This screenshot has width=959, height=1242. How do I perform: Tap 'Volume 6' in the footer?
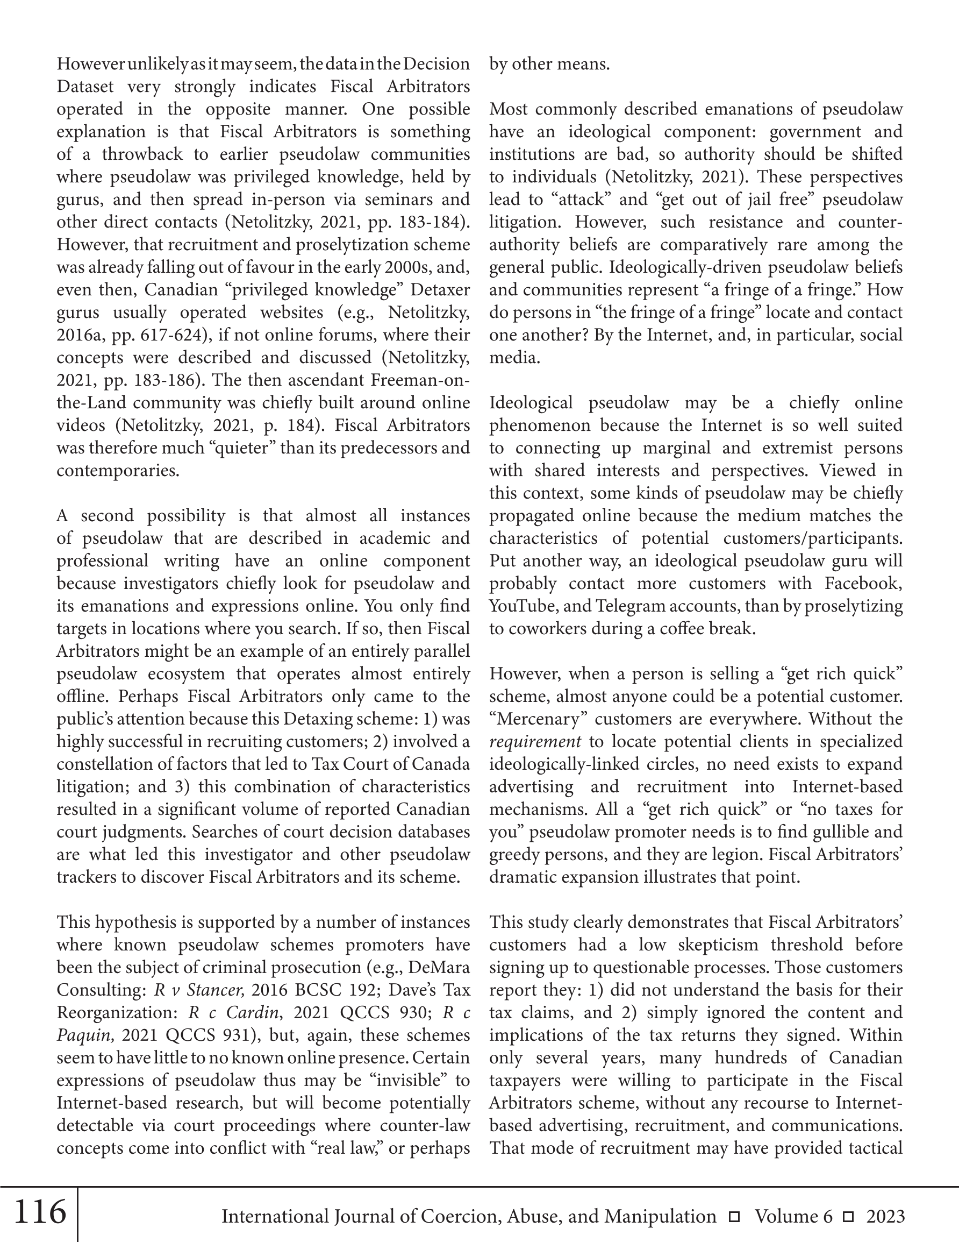click(793, 1216)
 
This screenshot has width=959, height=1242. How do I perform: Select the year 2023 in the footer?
click(885, 1216)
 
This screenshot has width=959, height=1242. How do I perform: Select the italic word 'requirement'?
click(535, 742)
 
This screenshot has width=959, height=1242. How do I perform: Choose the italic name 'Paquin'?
click(87, 1035)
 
